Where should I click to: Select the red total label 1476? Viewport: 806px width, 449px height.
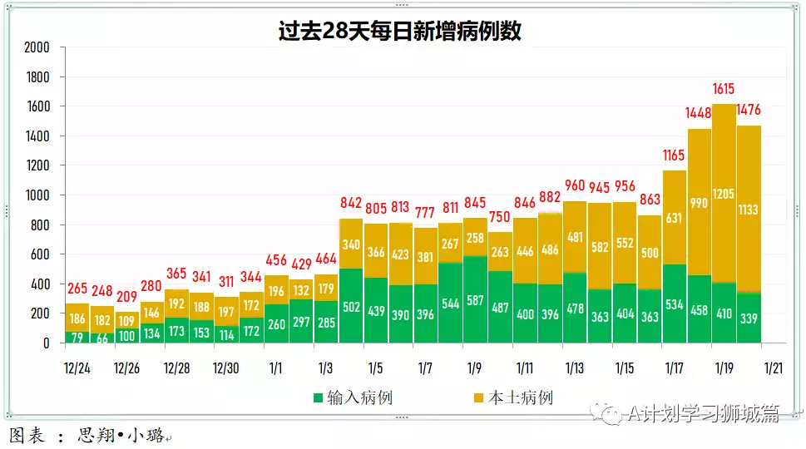[x=749, y=110]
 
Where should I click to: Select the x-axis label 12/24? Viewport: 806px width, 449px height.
[x=77, y=368]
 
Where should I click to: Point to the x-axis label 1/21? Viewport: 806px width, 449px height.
[x=774, y=368]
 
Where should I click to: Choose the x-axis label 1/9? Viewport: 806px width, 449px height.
[x=475, y=368]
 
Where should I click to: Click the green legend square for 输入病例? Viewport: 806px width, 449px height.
[x=318, y=398]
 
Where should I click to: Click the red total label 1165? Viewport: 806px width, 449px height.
[x=674, y=155]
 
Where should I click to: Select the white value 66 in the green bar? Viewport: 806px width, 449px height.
[x=102, y=338]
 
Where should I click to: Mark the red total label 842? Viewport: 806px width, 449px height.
[x=351, y=204]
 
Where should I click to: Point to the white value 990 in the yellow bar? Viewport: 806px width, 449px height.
[x=699, y=204]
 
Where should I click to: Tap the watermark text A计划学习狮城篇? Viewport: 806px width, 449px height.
[x=703, y=413]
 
